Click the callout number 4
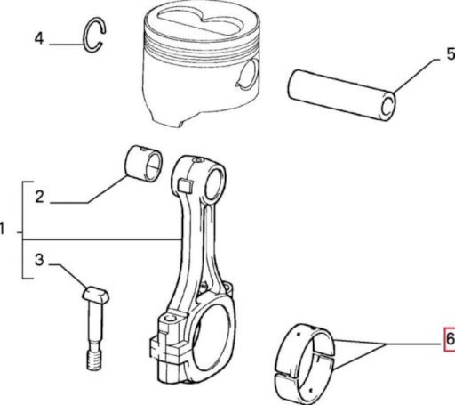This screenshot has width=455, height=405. click(x=39, y=38)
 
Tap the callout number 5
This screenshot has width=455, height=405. click(x=451, y=54)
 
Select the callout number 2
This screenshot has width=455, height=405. click(x=39, y=197)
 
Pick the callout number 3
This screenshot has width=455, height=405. click(x=39, y=260)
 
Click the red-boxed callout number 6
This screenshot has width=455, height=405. click(x=450, y=339)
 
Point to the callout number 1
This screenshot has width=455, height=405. click(x=3, y=229)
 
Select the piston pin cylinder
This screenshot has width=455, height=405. click(x=341, y=95)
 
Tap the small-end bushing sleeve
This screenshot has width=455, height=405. click(x=142, y=164)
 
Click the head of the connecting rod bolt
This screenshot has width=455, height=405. click(x=95, y=295)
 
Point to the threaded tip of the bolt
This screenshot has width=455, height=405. click(x=95, y=360)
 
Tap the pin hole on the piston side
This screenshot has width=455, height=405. click(x=249, y=74)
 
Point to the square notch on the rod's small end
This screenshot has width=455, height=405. click(x=186, y=185)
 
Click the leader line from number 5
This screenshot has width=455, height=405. click(x=415, y=76)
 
